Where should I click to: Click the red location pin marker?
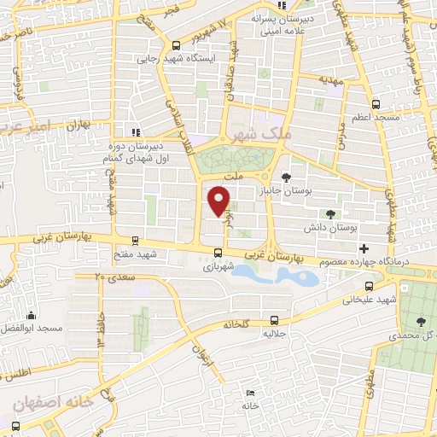point(219,201)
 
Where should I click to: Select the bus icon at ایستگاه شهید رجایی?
point(176,47)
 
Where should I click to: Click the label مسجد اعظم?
point(370,116)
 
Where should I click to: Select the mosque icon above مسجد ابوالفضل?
point(32,315)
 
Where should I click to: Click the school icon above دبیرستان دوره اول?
point(134,132)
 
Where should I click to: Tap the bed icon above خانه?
point(250,393)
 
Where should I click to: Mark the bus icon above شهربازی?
point(218,253)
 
